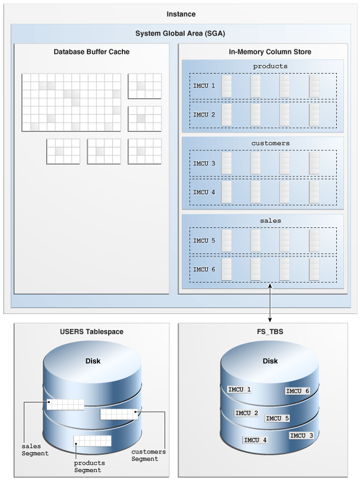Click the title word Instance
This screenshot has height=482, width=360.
point(181,13)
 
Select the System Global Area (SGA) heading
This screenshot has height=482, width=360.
point(181,33)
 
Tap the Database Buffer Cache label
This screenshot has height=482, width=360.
point(91,52)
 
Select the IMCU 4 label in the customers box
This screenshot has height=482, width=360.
point(204,192)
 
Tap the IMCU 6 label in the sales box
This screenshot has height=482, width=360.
point(204,269)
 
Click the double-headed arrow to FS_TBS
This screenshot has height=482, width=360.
point(270,304)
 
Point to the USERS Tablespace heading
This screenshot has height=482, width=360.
point(91,332)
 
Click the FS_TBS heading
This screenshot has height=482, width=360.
point(270,332)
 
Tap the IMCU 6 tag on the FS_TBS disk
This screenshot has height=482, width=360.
point(298,391)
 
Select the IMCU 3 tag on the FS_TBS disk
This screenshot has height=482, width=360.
point(301,435)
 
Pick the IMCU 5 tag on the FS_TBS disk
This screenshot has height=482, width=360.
point(277,418)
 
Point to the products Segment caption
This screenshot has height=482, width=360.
point(89,467)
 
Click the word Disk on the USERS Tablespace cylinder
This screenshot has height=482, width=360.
point(92,361)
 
